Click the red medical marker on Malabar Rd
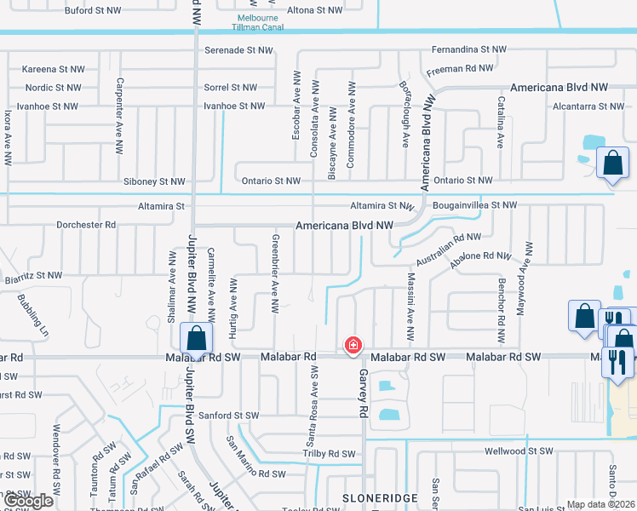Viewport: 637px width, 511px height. coord(352,345)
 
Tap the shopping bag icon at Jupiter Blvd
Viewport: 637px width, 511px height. coord(197,337)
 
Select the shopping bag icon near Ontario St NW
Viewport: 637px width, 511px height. coord(612,162)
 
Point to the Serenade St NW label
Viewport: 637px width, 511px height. coord(238,50)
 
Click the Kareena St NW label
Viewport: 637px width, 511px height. coord(53,68)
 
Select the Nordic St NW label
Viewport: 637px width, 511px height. coord(54,87)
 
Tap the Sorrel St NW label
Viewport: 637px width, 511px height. coord(230,87)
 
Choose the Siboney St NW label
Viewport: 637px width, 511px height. coord(154,181)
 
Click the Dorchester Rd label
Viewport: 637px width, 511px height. coord(85,225)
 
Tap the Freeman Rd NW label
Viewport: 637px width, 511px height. coord(459,68)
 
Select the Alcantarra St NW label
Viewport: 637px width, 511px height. coord(588,106)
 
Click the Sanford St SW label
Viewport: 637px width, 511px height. coord(229,415)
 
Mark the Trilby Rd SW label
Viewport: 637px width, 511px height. coord(329,454)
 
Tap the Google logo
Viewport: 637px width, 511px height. coord(28,501)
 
